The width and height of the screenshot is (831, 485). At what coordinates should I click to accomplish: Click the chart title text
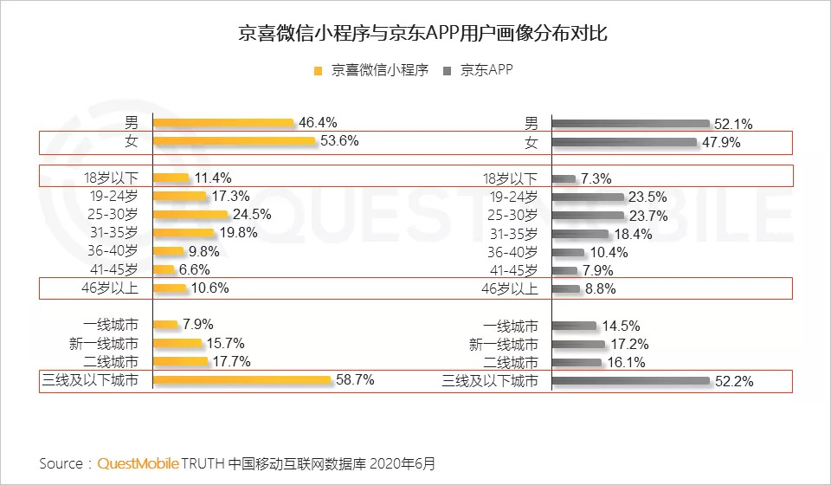(415, 35)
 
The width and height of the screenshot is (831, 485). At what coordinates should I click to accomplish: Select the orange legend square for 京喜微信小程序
(318, 71)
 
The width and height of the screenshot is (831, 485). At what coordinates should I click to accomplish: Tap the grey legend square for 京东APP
(448, 71)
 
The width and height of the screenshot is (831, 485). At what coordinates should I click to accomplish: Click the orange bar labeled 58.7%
(242, 380)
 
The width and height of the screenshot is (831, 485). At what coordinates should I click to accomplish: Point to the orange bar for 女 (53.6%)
(233, 141)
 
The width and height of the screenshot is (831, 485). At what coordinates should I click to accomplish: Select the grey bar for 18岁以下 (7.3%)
(564, 178)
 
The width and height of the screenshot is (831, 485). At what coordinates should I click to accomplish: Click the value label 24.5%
(251, 215)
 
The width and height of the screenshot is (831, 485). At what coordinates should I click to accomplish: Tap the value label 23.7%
(647, 215)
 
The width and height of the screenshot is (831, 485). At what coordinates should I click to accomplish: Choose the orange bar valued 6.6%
(165, 269)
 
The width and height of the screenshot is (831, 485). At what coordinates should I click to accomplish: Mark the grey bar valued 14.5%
(574, 327)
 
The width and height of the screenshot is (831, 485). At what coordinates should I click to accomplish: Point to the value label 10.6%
(210, 288)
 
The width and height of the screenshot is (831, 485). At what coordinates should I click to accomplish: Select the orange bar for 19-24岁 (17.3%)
(179, 197)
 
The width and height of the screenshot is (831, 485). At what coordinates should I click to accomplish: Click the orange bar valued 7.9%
(165, 326)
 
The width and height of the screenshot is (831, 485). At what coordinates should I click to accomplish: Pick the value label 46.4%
(318, 123)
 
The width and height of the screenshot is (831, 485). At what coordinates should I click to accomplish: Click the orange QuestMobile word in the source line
(138, 464)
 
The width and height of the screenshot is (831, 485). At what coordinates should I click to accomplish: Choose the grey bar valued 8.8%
(565, 288)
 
